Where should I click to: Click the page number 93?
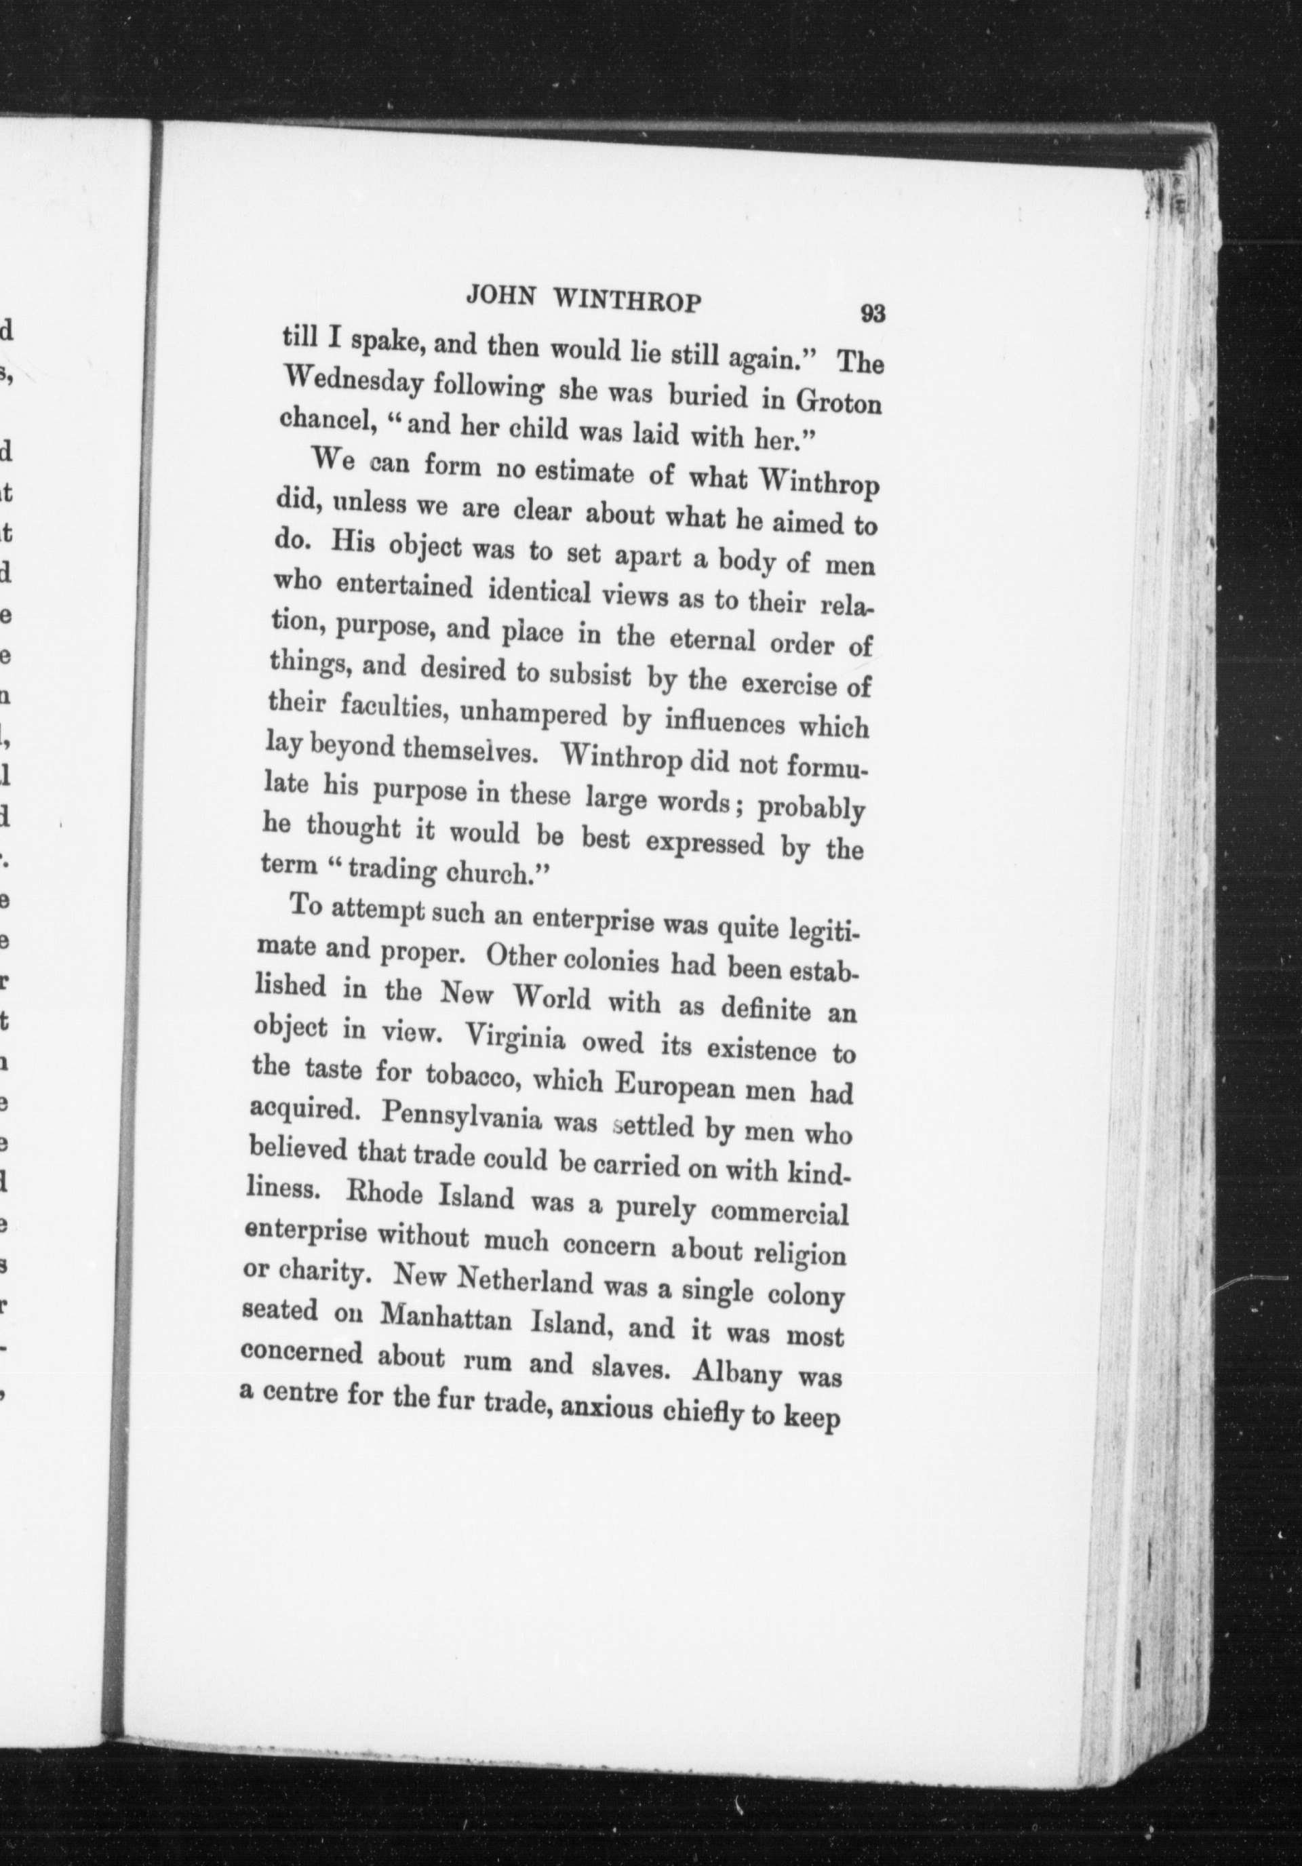(872, 313)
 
